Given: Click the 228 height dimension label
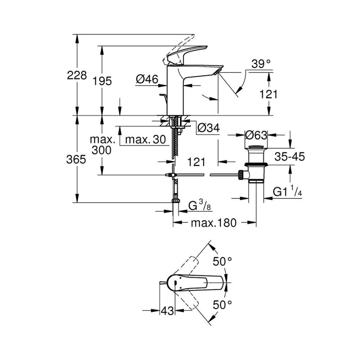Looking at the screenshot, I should pos(77,76).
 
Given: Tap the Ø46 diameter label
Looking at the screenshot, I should pos(147,80).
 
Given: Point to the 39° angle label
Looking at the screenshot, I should pos(261,64).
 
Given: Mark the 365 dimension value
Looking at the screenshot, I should pos(76,159).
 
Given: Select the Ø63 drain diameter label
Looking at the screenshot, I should pos(256,135).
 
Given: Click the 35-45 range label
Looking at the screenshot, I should pos(289,157).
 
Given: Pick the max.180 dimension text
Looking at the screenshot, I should pos(213,223).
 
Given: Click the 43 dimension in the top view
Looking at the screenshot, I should pos(166,310).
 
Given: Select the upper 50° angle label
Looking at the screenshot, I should pos(222,262).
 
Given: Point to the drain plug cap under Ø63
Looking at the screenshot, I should pos(256,147).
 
